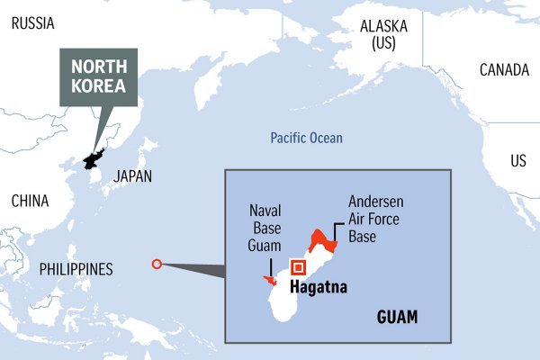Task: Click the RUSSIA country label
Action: pos(32,23)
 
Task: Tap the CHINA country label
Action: pos(30,201)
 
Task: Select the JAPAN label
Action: pos(132,177)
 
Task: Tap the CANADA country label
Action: pos(504,69)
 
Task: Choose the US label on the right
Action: pos(518,161)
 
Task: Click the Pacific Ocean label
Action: pos(306,138)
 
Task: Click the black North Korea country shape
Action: pos(93,157)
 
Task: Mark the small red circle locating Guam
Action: pos(157,265)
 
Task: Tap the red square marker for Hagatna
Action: pos(298,267)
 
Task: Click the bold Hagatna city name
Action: pos(318,289)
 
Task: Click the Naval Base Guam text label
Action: pos(265,229)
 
